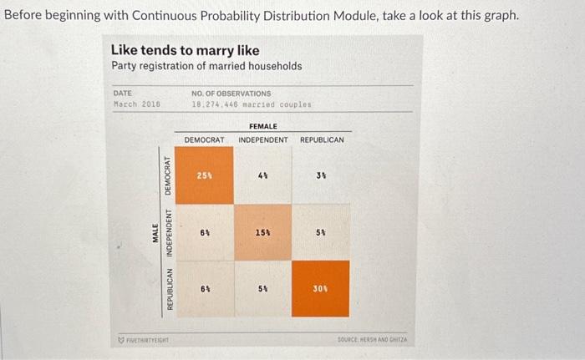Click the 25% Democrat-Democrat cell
(x=204, y=176)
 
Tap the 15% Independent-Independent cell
(x=262, y=232)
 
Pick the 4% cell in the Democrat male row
(x=262, y=176)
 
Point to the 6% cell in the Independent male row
(x=204, y=232)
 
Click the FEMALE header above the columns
(x=262, y=126)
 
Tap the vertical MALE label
(x=155, y=232)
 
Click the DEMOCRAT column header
(x=204, y=139)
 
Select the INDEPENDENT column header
(x=262, y=139)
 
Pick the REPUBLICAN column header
(x=321, y=139)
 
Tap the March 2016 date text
(x=136, y=105)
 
